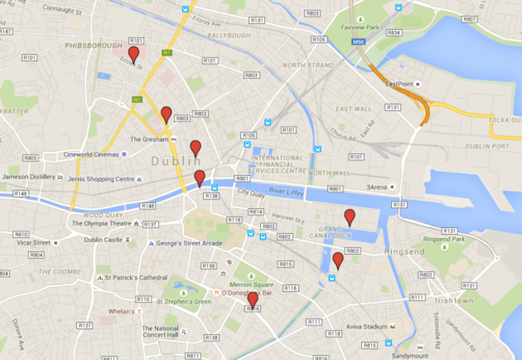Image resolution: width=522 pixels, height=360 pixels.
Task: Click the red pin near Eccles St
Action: pos(133,54)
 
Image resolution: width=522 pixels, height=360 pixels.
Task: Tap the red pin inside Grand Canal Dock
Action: pos(349,216)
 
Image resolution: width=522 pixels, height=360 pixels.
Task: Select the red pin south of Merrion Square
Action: pos(253,300)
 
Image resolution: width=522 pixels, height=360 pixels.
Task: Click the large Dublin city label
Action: pos(174,162)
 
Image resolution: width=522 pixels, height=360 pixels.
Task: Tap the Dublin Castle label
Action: pos(103,239)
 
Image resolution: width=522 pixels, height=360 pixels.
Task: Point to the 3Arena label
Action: pos(380,187)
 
